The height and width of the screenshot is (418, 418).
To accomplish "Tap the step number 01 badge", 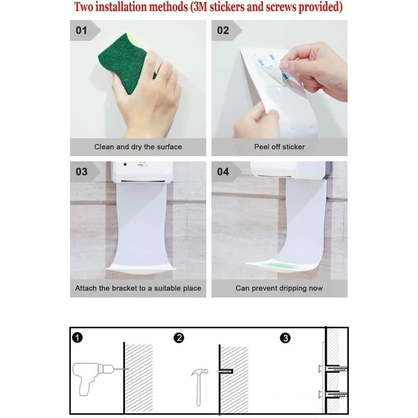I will (81, 30).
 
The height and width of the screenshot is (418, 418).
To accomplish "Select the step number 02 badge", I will (223, 30).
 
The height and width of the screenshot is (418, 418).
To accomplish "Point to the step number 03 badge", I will (81, 172).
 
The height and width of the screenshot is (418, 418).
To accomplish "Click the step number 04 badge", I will (223, 172).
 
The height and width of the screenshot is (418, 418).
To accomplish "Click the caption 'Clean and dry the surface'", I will (138, 147).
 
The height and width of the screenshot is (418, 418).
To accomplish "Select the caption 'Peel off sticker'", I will (279, 147).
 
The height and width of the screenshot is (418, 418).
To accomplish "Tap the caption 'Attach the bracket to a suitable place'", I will (138, 288).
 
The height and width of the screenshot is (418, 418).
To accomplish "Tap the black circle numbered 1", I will (77, 337).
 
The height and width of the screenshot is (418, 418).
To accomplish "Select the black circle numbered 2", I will (179, 338).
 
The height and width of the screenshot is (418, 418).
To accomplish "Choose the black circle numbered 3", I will (285, 338).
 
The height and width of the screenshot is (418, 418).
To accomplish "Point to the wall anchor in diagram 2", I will (225, 371).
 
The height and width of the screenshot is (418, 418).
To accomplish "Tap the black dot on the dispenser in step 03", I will (125, 164).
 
